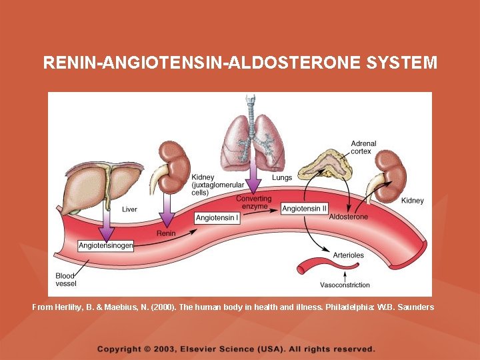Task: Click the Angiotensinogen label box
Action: pyautogui.click(x=106, y=246)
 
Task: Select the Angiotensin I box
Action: pyautogui.click(x=218, y=218)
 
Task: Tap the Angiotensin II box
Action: pyautogui.click(x=305, y=209)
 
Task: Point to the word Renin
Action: pyautogui.click(x=166, y=233)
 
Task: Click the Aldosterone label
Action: pyautogui.click(x=348, y=217)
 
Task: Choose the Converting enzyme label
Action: pyautogui.click(x=253, y=203)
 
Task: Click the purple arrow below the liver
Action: pyautogui.click(x=106, y=223)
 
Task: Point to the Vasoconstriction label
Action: pyautogui.click(x=345, y=285)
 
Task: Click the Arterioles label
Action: pyautogui.click(x=349, y=255)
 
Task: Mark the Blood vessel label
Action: pyautogui.click(x=66, y=279)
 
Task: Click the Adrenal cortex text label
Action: pyautogui.click(x=363, y=147)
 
